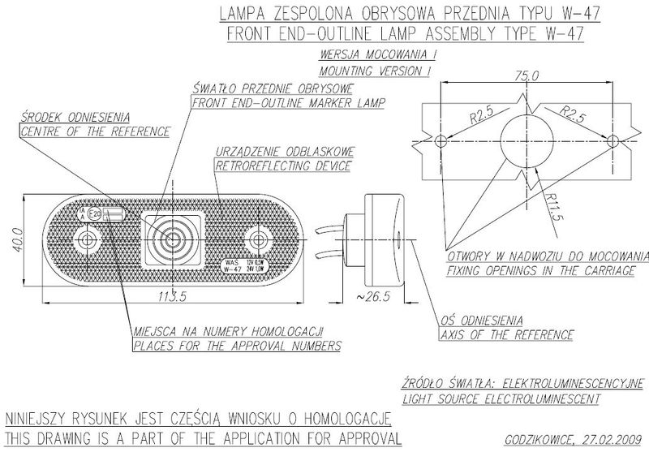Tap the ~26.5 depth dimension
tap(374, 297)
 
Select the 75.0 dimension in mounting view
tap(526, 75)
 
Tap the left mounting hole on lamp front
tap(84, 239)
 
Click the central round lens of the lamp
tap(171, 239)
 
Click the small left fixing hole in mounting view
tap(441, 140)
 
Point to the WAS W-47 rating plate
tap(239, 265)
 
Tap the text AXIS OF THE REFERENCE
tap(507, 334)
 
